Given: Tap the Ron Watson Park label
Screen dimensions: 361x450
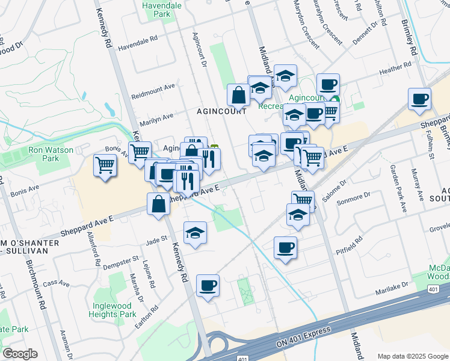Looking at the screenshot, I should click(42, 154).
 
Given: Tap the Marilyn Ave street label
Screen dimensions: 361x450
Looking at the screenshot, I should click(156, 116).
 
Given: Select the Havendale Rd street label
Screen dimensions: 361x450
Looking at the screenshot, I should click(137, 46).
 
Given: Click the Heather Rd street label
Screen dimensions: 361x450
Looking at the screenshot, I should click(395, 70).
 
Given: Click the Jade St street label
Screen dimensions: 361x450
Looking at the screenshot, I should click(156, 240).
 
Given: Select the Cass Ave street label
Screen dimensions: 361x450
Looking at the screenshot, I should click(57, 283).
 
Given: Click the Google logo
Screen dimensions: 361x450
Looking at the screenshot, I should click(20, 354).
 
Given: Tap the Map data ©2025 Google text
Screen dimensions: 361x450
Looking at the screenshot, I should click(412, 356).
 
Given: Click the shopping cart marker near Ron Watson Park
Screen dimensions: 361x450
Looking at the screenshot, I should click(105, 165).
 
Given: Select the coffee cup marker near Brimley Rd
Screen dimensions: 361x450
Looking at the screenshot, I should click(419, 99).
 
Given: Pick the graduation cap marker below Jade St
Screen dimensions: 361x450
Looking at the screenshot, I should click(195, 233).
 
